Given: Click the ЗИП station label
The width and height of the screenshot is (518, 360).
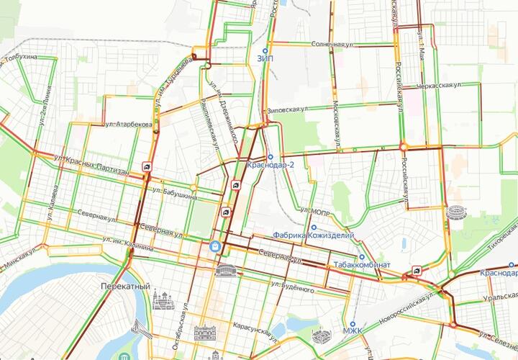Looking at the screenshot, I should (264, 59).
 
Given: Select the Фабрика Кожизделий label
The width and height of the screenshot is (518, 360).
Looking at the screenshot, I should (308, 235).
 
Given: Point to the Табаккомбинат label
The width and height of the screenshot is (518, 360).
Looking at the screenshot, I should (362, 265).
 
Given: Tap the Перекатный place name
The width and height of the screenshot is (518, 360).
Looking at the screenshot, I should (126, 286).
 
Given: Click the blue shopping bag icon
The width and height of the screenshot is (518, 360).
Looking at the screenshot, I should (214, 246).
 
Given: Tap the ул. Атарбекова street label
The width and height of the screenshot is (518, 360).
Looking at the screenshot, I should (128, 125).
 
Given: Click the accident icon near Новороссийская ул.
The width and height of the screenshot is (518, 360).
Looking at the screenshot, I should (416, 271).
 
